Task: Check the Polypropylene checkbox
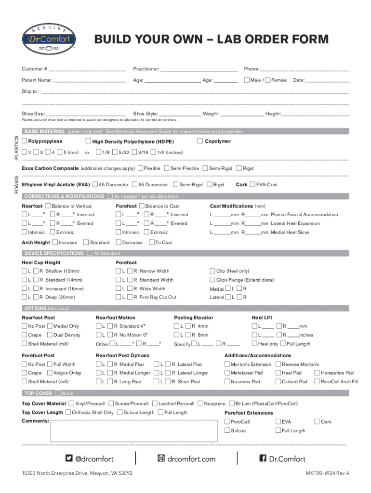[25, 141]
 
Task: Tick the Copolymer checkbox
[200, 141]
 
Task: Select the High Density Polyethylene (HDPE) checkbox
[88, 141]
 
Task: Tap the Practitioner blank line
[199, 69]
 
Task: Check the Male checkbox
[247, 80]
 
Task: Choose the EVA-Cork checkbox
[252, 184]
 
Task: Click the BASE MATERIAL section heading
[44, 131]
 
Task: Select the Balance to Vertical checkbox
[48, 206]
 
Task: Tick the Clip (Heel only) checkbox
[212, 271]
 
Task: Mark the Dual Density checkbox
[50, 335]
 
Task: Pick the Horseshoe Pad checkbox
[317, 373]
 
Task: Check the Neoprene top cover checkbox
[201, 403]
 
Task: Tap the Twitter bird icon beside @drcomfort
[69, 458]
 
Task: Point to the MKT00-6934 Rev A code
[327, 473]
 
